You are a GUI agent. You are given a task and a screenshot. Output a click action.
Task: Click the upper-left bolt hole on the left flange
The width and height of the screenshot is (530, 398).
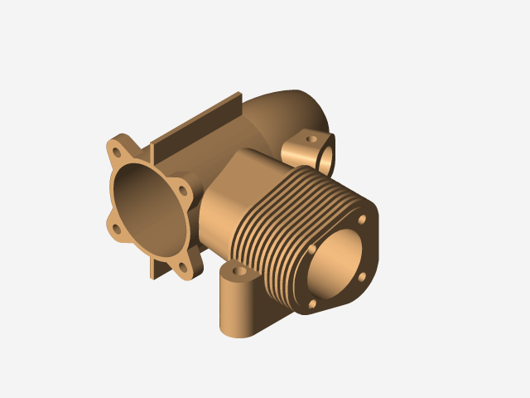coord(118,153)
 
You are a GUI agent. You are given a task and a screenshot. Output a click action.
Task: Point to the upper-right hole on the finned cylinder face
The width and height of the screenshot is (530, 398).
coord(362,220)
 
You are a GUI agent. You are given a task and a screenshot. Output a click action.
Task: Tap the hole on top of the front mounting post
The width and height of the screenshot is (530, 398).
coord(240,271)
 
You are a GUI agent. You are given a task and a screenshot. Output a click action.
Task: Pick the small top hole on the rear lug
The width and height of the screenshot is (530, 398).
coord(312,139)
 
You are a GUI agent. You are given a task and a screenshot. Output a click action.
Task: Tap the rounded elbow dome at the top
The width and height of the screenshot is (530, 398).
coord(290,108)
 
